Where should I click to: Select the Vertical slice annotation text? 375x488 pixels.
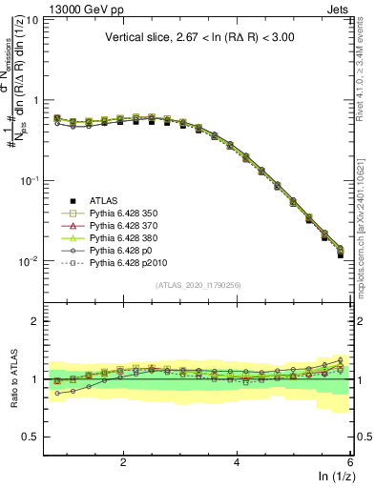pyautogui.click(x=199, y=39)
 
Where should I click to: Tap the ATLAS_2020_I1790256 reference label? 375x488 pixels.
pyautogui.click(x=199, y=285)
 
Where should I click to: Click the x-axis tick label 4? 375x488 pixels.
pyautogui.click(x=237, y=461)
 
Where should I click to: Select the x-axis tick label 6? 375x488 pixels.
pyautogui.click(x=350, y=461)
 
